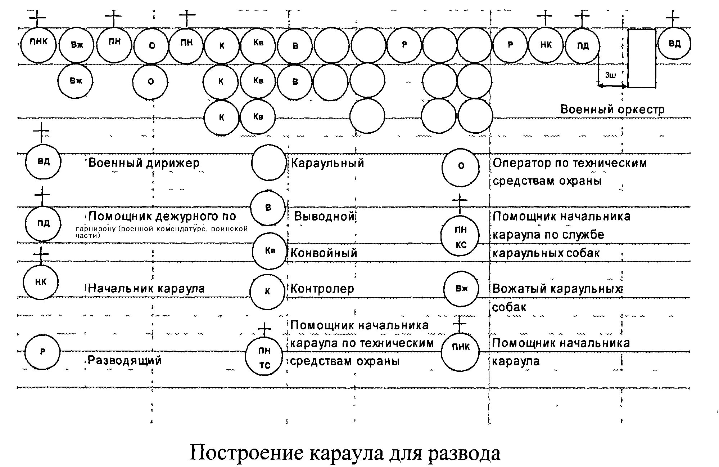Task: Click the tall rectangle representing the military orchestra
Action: [x=642, y=58]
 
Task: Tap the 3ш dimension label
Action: [x=610, y=75]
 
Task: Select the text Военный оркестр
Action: [x=612, y=110]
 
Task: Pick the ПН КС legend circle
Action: [x=460, y=236]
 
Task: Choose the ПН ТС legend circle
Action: [x=264, y=357]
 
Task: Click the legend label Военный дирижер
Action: [x=144, y=163]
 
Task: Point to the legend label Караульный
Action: [x=327, y=163]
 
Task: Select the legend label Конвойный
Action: [x=324, y=253]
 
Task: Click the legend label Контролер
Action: [x=322, y=289]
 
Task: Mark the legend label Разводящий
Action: [x=125, y=360]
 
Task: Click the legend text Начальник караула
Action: [x=146, y=288]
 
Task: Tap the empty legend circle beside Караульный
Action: [x=268, y=163]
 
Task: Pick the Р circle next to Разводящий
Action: [x=42, y=352]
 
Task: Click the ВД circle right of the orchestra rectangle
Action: [x=674, y=44]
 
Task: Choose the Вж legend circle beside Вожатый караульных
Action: [x=461, y=289]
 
